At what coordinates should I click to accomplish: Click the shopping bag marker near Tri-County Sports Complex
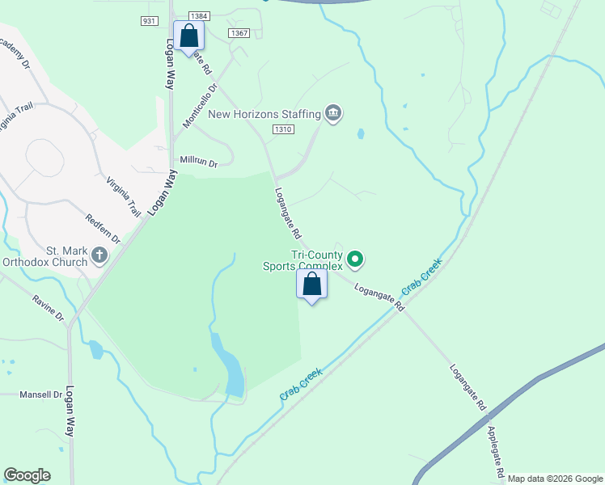(x=311, y=285)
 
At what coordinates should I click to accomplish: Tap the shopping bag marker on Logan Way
(x=188, y=36)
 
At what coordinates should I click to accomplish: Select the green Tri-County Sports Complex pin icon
(x=355, y=259)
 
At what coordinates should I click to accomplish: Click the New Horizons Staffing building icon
(x=332, y=113)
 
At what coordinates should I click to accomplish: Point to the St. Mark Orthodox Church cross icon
(x=99, y=255)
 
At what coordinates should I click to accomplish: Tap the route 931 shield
(x=149, y=21)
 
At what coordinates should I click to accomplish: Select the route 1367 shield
(x=238, y=33)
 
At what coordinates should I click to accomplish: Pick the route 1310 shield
(x=282, y=129)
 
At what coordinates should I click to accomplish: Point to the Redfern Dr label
(x=103, y=230)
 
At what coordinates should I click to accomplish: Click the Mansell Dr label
(x=40, y=394)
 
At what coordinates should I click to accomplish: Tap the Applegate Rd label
(x=496, y=450)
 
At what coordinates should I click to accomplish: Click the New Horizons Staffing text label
(x=264, y=114)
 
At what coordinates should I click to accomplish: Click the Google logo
(x=27, y=475)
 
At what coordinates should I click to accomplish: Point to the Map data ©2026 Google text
(x=554, y=479)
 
